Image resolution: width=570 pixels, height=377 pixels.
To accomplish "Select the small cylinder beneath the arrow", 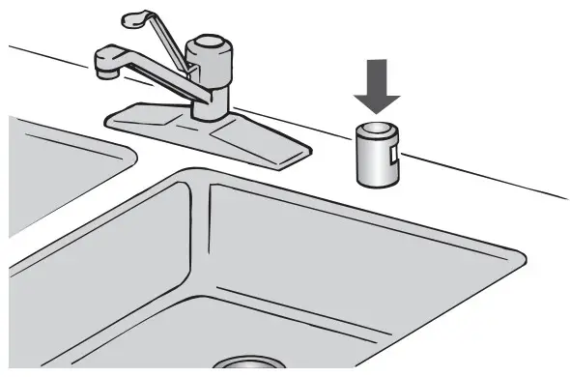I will coord(377,155).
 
